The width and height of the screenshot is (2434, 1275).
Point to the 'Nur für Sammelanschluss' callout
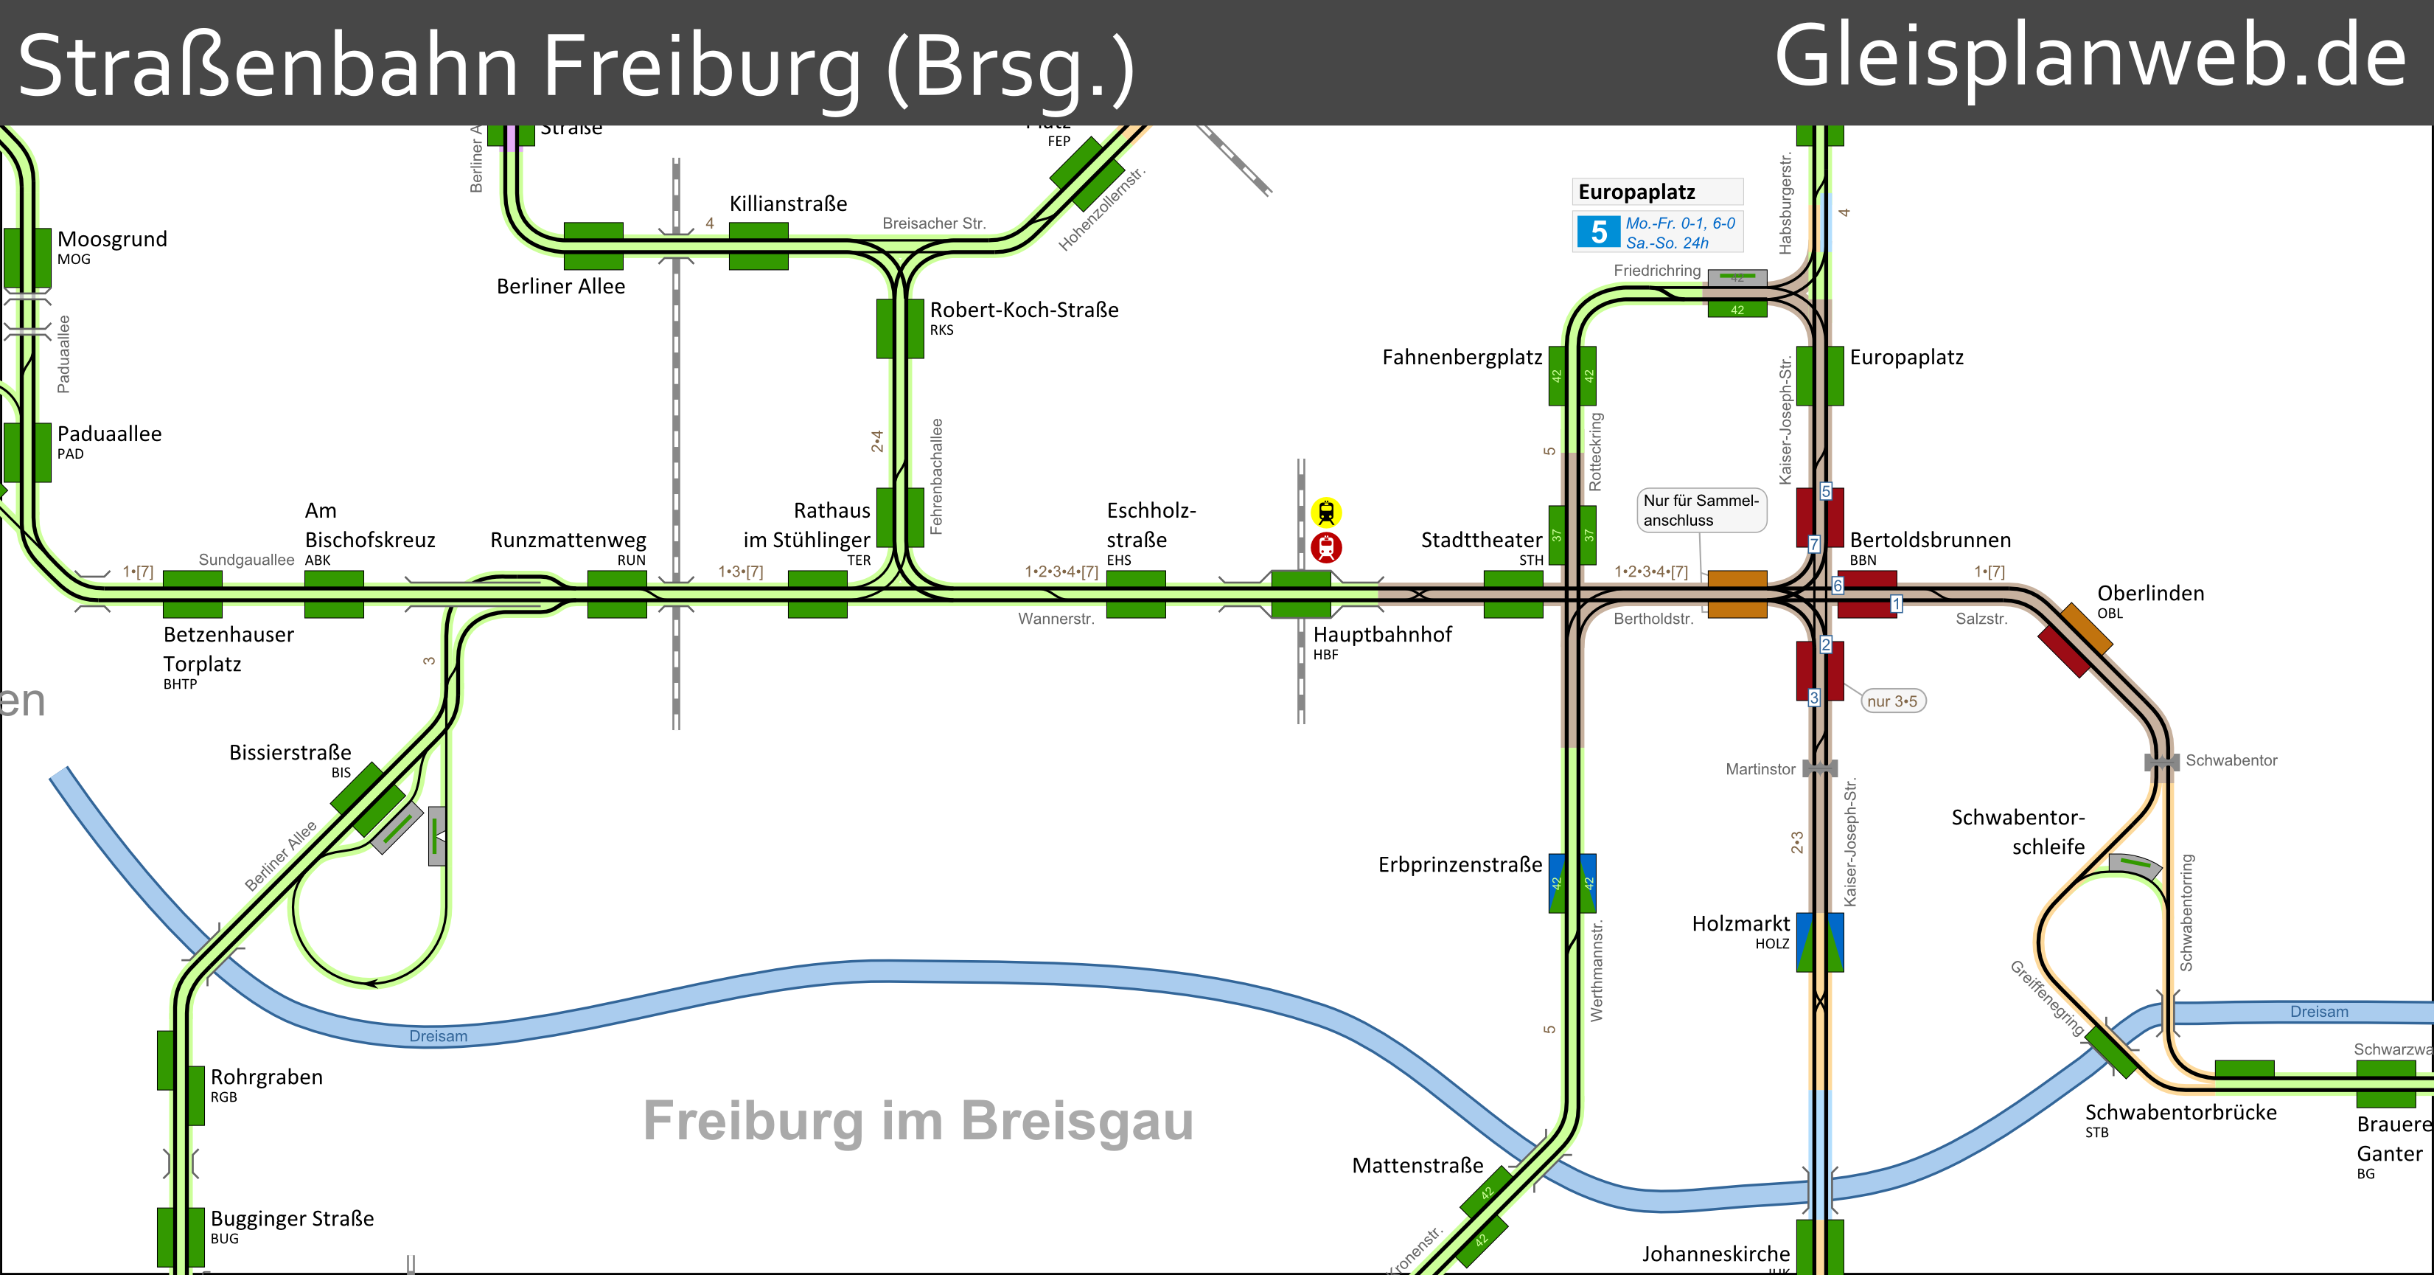click(1701, 510)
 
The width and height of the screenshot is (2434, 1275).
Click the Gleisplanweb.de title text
click(2089, 58)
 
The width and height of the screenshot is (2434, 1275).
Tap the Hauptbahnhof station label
click(1381, 635)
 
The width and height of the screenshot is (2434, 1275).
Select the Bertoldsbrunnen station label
click(1930, 540)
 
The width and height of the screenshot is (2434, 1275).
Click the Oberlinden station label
click(2149, 594)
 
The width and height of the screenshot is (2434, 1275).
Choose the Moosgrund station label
click(111, 239)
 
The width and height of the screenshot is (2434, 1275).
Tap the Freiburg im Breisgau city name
click(918, 1121)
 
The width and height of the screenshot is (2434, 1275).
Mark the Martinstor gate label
click(1760, 769)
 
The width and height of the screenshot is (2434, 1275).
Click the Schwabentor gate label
click(2230, 761)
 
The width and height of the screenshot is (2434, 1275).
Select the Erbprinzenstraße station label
click(1459, 865)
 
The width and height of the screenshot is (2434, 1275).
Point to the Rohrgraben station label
click(265, 1077)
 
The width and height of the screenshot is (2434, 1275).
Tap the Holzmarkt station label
click(1740, 923)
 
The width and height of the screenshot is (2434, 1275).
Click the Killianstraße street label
click(787, 204)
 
